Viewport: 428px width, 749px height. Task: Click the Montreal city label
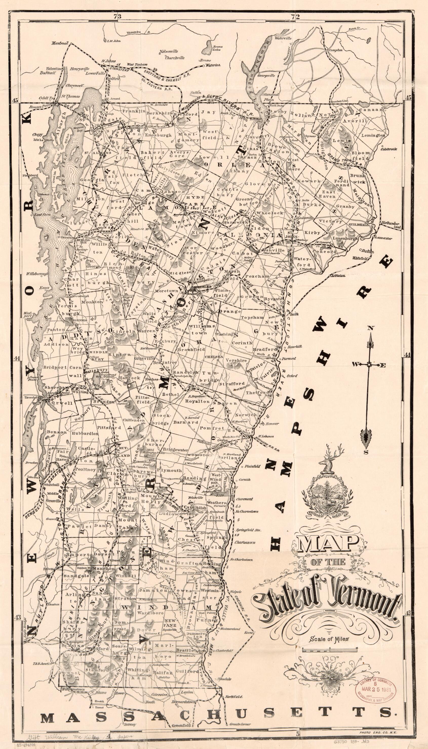click(x=60, y=43)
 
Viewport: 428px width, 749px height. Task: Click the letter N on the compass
click(x=371, y=328)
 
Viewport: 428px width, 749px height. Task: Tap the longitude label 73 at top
click(x=117, y=17)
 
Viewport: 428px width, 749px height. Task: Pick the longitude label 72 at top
click(x=295, y=17)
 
